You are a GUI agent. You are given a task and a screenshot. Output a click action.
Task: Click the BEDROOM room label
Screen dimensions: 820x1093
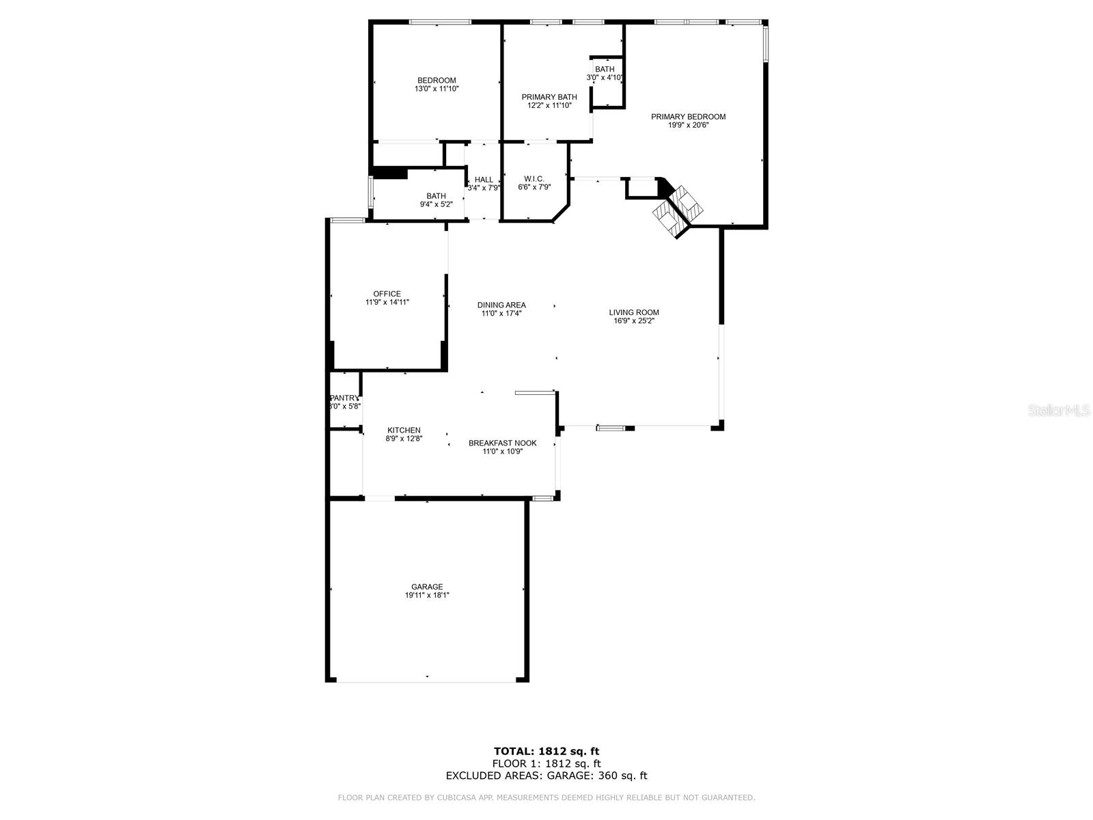click(x=437, y=81)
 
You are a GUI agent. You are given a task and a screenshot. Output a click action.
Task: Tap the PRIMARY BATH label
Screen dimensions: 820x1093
click(x=549, y=97)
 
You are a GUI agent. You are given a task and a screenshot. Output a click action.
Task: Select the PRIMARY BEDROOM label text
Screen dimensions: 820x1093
click(x=688, y=117)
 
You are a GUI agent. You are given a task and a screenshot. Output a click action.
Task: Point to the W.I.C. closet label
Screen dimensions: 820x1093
click(x=534, y=178)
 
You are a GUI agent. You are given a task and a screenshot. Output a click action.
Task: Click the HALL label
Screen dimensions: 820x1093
click(x=484, y=180)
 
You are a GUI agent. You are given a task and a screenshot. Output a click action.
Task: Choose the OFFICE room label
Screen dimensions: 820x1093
click(x=387, y=294)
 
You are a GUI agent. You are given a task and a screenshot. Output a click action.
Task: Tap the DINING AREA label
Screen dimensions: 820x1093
click(x=501, y=305)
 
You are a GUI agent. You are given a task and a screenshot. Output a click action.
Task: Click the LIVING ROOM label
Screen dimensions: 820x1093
click(x=634, y=313)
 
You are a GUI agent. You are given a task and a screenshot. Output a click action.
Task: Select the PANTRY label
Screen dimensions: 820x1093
click(x=344, y=398)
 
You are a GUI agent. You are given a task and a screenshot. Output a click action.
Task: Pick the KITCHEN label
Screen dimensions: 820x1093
click(x=404, y=430)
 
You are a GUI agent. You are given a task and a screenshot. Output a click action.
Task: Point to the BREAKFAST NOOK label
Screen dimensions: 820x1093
click(x=502, y=443)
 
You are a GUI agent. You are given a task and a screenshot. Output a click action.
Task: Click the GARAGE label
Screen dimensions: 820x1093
click(x=427, y=587)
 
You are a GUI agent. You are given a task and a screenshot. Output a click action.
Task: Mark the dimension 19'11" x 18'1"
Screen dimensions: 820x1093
click(x=427, y=596)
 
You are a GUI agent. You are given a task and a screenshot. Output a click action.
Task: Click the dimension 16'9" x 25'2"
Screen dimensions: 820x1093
click(x=634, y=321)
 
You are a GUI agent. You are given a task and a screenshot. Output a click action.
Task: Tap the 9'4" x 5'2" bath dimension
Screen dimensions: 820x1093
click(x=436, y=204)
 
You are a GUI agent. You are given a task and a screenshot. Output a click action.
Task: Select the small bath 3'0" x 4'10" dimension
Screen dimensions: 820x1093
click(x=605, y=78)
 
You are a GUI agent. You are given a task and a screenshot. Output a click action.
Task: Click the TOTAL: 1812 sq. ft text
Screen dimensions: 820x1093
click(x=546, y=752)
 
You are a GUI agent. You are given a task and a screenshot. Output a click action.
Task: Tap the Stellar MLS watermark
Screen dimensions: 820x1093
click(x=1059, y=410)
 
